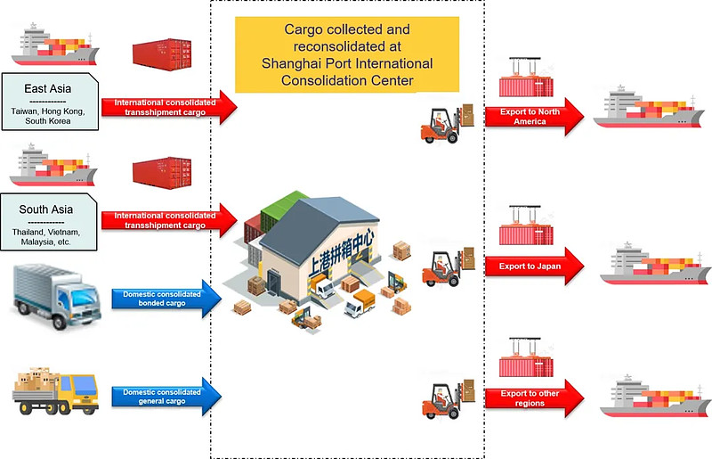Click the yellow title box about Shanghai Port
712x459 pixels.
347,54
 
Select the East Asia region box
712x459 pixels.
50,102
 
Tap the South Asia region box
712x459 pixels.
49,222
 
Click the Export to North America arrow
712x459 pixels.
534,117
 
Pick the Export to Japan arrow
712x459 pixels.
534,266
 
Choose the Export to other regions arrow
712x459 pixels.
534,398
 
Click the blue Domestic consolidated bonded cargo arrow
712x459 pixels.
166,299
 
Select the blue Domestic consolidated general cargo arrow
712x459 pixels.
166,397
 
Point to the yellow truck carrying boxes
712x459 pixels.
55,390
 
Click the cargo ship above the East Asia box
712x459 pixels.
55,45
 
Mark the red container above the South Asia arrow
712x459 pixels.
162,173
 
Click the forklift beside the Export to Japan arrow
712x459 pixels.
449,268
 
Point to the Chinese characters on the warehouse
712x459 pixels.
342,254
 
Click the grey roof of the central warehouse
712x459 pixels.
318,226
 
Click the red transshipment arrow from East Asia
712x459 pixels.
169,107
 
